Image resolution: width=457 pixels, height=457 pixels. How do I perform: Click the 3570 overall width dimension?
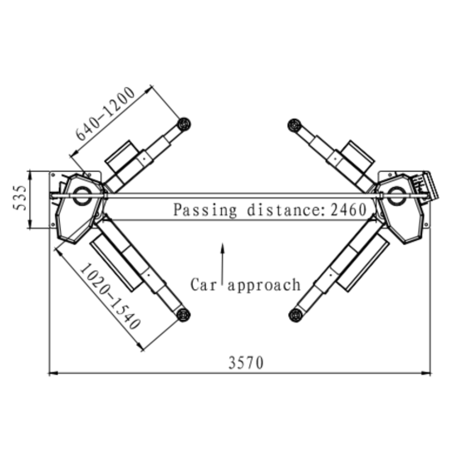246,362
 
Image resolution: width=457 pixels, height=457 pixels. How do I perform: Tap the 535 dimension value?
20,198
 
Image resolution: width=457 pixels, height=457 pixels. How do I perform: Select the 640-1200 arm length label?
106,114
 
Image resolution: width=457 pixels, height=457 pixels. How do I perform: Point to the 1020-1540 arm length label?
111,296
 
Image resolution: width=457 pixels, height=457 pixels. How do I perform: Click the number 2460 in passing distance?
349,209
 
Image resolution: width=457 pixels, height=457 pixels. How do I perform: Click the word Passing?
205,210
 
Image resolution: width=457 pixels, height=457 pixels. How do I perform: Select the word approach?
264,285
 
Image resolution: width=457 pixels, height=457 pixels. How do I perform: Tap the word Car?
204,284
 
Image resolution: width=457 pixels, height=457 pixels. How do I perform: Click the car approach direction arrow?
223,263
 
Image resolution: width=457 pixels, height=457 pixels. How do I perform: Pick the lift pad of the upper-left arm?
184,125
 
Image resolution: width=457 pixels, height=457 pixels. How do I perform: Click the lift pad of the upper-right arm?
294,125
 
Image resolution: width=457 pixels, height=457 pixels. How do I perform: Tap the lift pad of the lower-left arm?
184,315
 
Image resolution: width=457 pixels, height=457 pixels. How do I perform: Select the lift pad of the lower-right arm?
295,315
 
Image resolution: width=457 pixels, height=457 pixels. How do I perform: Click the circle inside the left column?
81,195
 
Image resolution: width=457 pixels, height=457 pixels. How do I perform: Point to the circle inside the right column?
396,195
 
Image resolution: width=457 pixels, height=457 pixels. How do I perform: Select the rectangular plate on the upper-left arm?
122,155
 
